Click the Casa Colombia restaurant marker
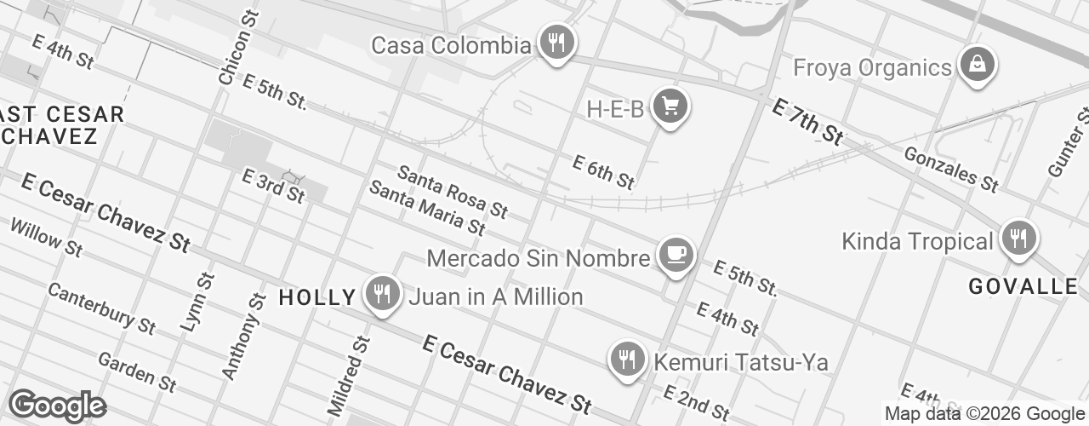pos(556,42)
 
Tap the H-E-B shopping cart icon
pos(670,106)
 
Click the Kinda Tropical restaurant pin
pos(1017,238)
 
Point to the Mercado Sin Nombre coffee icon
pos(676,255)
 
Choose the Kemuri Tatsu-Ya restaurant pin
pos(628,359)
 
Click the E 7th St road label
pos(807,120)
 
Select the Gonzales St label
pos(950,168)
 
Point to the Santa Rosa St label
pos(453,192)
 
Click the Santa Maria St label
pos(426,207)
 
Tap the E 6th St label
pos(603,172)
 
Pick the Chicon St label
pos(237,49)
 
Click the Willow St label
pos(47,238)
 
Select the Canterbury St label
pos(101,308)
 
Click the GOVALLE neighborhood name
pos(1023,286)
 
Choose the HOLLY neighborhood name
pos(317,297)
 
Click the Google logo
pos(57,406)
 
